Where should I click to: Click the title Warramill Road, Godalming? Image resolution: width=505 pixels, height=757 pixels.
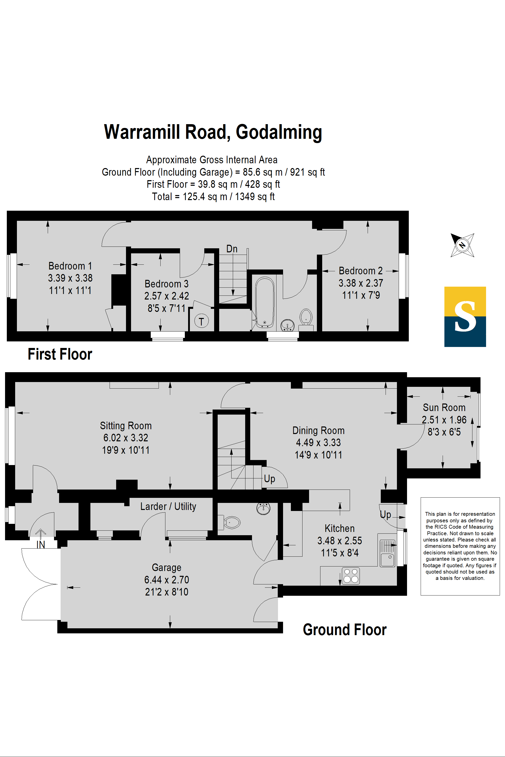pyautogui.click(x=213, y=132)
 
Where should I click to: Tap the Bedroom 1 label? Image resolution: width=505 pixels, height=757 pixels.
pyautogui.click(x=70, y=266)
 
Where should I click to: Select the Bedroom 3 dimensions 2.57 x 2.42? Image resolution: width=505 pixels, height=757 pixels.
pyautogui.click(x=166, y=296)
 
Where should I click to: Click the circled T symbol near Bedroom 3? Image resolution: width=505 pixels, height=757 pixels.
pyautogui.click(x=201, y=321)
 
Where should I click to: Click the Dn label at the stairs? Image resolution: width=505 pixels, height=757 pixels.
pyautogui.click(x=232, y=249)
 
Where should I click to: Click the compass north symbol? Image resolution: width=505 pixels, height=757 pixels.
pyautogui.click(x=462, y=245)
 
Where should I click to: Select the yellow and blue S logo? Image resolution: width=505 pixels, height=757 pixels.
pyautogui.click(x=465, y=317)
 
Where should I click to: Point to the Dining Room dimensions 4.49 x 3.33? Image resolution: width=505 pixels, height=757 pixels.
pyautogui.click(x=318, y=443)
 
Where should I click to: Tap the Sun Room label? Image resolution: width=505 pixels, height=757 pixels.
pyautogui.click(x=444, y=408)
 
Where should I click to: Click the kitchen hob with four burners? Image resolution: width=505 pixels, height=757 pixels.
pyautogui.click(x=351, y=576)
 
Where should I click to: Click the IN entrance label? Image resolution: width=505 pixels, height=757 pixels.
pyautogui.click(x=41, y=545)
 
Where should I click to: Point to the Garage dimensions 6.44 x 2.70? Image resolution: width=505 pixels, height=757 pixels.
pyautogui.click(x=166, y=580)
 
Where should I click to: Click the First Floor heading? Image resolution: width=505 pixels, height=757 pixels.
pyautogui.click(x=60, y=354)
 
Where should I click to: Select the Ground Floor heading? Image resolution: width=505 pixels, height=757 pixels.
pyautogui.click(x=345, y=630)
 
